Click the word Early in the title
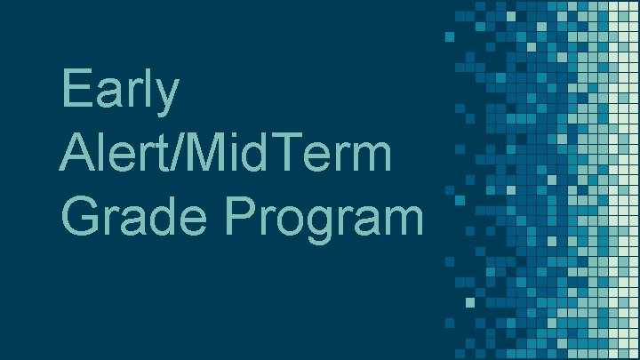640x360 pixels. click(121, 92)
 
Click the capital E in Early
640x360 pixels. click(76, 91)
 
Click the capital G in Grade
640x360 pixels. click(81, 216)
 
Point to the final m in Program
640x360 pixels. click(403, 220)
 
